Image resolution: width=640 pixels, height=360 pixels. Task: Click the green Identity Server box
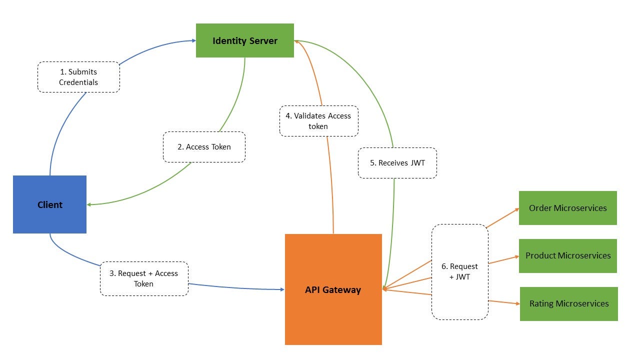[x=244, y=40]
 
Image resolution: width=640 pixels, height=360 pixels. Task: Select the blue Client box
[x=49, y=204]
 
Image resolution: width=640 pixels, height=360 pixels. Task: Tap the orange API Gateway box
[x=333, y=289]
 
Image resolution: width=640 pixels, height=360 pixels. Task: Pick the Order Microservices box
[x=567, y=208]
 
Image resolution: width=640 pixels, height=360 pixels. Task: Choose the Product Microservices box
[x=567, y=255]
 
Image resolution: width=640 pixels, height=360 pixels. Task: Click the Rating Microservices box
[x=568, y=303]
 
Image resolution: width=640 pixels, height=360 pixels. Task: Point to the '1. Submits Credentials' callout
[x=78, y=77]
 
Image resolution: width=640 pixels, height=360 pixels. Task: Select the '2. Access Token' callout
[x=204, y=147]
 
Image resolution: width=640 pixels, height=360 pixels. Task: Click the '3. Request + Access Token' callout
[x=144, y=278]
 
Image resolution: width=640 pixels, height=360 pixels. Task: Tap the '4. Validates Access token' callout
[x=318, y=121]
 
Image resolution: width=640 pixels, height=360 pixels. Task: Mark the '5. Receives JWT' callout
[x=397, y=163]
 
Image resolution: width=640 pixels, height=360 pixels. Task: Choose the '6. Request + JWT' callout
[x=459, y=271]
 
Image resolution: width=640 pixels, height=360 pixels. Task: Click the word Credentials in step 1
[x=78, y=82]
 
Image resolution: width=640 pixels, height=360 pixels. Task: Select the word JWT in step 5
[x=417, y=163]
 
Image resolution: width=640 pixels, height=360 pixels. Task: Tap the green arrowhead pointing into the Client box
[x=89, y=204]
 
